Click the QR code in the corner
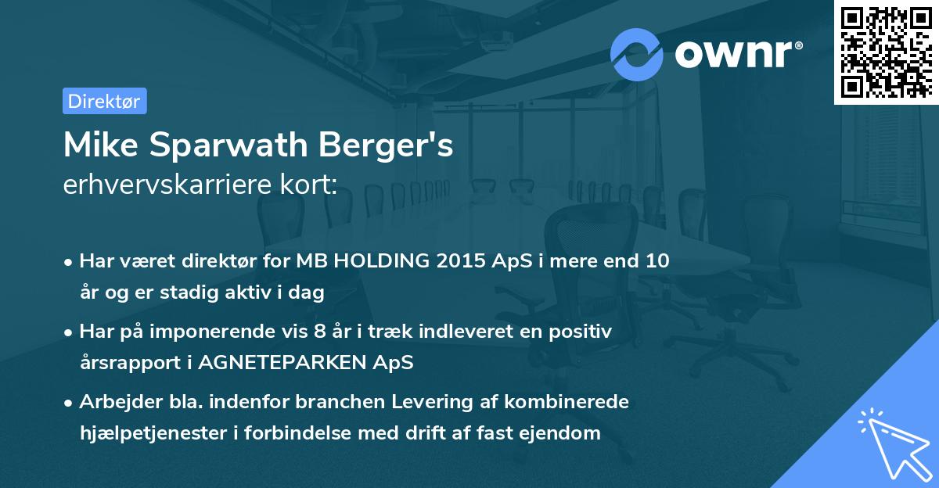coord(886,52)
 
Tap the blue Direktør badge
coord(104,101)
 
